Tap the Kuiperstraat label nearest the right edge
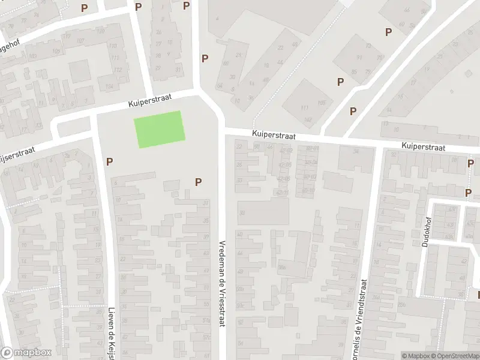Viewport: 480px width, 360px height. (423, 146)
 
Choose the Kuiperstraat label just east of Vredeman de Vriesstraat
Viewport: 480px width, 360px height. (274, 136)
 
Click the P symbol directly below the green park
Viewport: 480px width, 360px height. (198, 182)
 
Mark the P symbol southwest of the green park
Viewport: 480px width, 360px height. (109, 161)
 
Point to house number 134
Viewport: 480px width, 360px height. (109, 86)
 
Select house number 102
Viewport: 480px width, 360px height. (308, 119)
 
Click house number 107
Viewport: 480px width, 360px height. (80, 41)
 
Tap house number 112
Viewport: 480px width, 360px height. (118, 70)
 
